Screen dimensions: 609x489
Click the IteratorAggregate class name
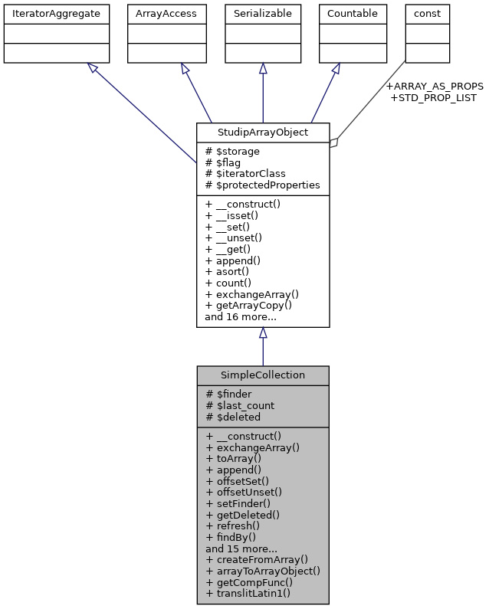click(x=57, y=13)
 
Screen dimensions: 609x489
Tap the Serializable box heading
click(x=263, y=13)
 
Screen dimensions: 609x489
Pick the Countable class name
click(x=352, y=13)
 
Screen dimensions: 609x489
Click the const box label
click(x=427, y=13)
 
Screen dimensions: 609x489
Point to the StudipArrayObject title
click(x=263, y=133)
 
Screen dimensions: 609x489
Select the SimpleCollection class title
click(x=263, y=375)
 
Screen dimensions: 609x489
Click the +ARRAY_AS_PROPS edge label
click(x=435, y=86)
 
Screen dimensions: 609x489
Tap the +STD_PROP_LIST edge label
click(x=434, y=97)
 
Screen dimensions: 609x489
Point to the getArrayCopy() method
click(x=249, y=305)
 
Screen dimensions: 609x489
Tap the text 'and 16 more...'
click(x=241, y=316)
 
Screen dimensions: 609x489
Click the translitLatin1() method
click(x=248, y=593)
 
